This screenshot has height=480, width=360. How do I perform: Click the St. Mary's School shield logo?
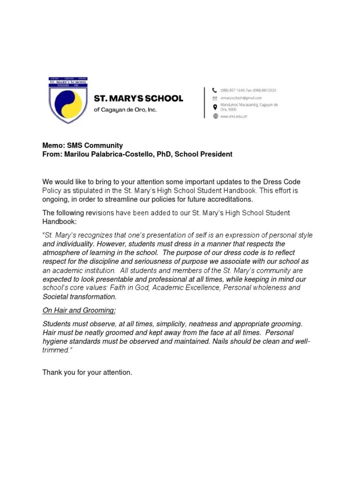[68, 100]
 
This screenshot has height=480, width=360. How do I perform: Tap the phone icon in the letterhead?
[215, 90]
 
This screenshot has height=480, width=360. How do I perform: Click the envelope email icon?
[215, 98]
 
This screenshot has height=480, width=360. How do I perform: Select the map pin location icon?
[215, 107]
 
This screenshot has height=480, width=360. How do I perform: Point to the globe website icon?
[215, 116]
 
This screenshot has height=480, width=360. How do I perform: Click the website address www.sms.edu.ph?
[233, 116]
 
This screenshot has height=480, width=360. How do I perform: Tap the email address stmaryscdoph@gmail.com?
[240, 98]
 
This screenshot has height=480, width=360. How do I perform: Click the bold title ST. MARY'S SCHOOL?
[139, 99]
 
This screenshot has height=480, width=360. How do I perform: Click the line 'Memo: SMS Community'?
[82, 146]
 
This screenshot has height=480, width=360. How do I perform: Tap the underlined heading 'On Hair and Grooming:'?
[79, 310]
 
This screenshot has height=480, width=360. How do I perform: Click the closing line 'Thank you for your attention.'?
[87, 373]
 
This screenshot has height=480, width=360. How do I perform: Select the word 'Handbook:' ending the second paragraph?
[60, 221]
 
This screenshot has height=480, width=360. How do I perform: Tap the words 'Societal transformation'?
[79, 297]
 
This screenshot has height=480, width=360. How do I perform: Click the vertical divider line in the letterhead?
[205, 102]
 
